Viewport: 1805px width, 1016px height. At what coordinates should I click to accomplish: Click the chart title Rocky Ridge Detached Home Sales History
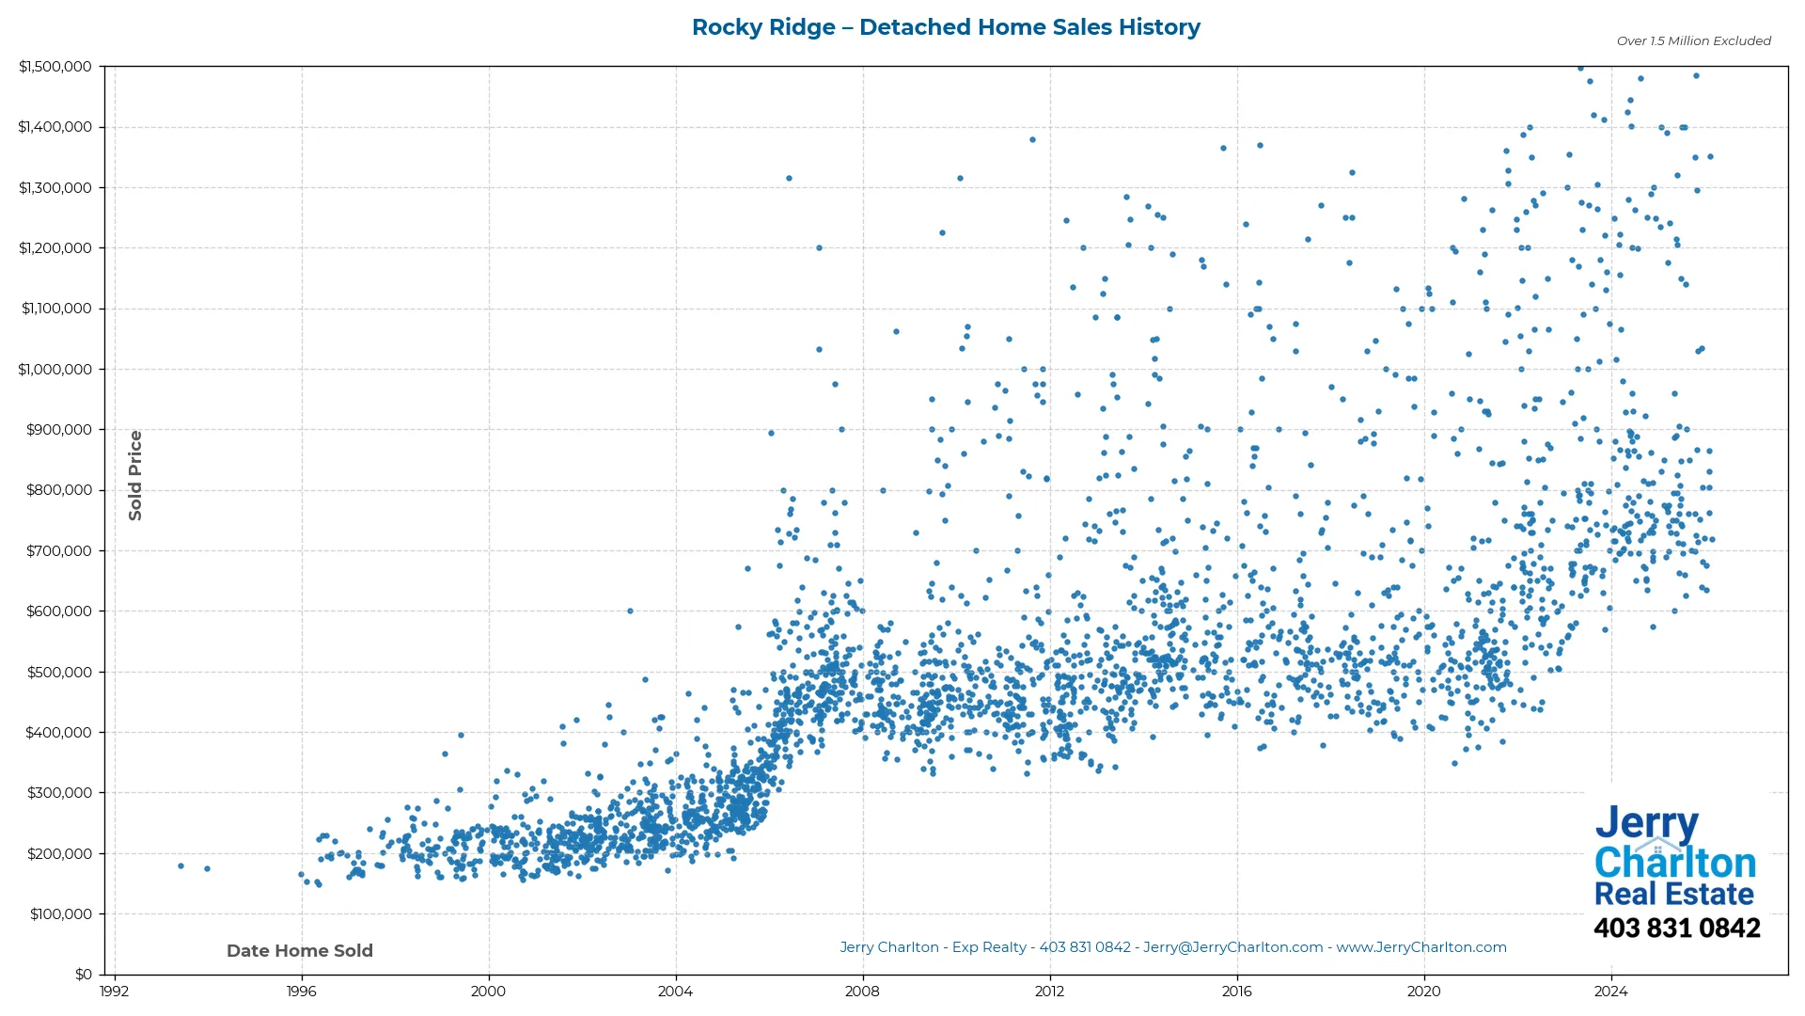pyautogui.click(x=946, y=27)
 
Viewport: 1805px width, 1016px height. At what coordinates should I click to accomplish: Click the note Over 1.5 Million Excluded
pyautogui.click(x=1693, y=41)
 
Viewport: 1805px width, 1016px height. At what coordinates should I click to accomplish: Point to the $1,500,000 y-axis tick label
pyautogui.click(x=55, y=67)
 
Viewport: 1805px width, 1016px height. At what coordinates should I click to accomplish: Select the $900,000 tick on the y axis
pyautogui.click(x=59, y=430)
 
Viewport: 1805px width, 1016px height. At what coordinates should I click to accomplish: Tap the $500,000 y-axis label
pyautogui.click(x=59, y=672)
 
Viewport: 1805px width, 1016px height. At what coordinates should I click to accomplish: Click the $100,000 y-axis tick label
pyautogui.click(x=59, y=914)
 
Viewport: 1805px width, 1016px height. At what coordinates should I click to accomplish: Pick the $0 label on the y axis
pyautogui.click(x=83, y=975)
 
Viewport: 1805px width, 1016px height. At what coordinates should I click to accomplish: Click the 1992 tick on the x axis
pyautogui.click(x=115, y=992)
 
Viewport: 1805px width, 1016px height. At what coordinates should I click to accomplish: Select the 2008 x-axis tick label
pyautogui.click(x=862, y=992)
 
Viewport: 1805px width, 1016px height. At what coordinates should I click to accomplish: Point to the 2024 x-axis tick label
pyautogui.click(x=1610, y=992)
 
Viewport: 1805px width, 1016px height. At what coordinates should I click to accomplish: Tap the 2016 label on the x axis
pyautogui.click(x=1236, y=992)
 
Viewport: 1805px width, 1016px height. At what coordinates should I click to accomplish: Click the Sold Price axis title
pyautogui.click(x=135, y=475)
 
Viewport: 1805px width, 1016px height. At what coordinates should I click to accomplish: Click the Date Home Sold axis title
pyautogui.click(x=300, y=951)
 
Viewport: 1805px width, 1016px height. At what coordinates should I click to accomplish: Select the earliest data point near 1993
pyautogui.click(x=180, y=865)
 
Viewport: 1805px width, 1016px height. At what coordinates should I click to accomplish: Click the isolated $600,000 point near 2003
pyautogui.click(x=630, y=611)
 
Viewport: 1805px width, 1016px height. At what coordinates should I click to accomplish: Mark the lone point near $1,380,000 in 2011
pyautogui.click(x=1032, y=140)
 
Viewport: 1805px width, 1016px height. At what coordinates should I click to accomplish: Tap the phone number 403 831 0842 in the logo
pyautogui.click(x=1676, y=929)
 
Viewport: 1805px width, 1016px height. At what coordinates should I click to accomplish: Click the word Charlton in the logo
pyautogui.click(x=1675, y=863)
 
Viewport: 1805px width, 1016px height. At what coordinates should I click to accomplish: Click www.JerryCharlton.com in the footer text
pyautogui.click(x=1421, y=947)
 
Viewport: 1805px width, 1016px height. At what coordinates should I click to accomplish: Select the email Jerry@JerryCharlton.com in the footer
pyautogui.click(x=1232, y=947)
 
